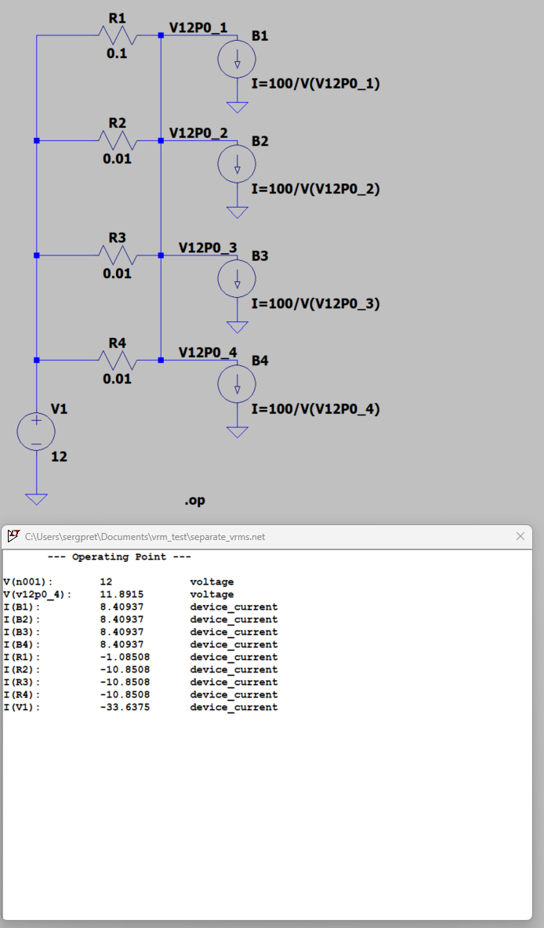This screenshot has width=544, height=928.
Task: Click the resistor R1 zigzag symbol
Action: pyautogui.click(x=118, y=35)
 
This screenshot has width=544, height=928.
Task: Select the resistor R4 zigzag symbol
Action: pyautogui.click(x=118, y=360)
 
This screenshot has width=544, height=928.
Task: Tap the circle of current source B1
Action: pyautogui.click(x=237, y=60)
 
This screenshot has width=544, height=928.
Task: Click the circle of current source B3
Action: pyautogui.click(x=237, y=279)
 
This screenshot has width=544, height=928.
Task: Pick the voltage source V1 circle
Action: pyautogui.click(x=36, y=431)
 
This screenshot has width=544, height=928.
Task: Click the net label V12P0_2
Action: pyautogui.click(x=198, y=133)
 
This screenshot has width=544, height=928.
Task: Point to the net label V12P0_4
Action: pyautogui.click(x=208, y=353)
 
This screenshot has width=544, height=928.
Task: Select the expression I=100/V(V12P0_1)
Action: pyautogui.click(x=316, y=83)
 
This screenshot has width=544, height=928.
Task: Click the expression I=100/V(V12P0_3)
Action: pyautogui.click(x=316, y=303)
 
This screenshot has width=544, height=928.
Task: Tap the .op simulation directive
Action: pyautogui.click(x=194, y=501)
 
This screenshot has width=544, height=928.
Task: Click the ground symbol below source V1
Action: pyautogui.click(x=36, y=499)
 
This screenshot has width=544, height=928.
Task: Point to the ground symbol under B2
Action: pyautogui.click(x=237, y=212)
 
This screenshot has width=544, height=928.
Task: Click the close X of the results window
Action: pyautogui.click(x=520, y=536)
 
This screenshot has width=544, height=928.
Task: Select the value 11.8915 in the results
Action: pyautogui.click(x=122, y=594)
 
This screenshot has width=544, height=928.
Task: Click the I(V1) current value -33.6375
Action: pyautogui.click(x=125, y=707)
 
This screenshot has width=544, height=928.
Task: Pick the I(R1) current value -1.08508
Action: pyautogui.click(x=125, y=657)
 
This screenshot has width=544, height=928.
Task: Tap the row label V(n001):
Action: pyautogui.click(x=27, y=582)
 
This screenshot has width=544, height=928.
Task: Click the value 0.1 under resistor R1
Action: pyautogui.click(x=117, y=54)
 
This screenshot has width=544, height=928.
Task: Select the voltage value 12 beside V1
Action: pyautogui.click(x=59, y=457)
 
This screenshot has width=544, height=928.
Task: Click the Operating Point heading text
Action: pyautogui.click(x=120, y=557)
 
